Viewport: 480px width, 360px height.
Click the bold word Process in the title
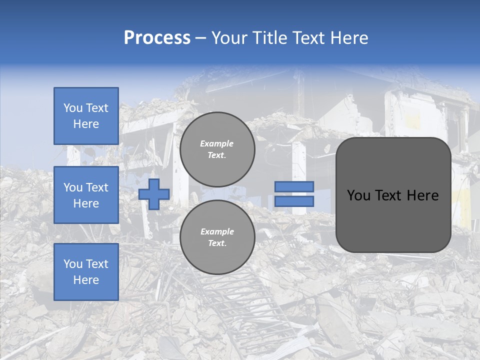click(x=157, y=38)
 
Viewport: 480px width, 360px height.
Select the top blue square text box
click(x=86, y=116)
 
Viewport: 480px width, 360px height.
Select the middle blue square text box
click(x=86, y=195)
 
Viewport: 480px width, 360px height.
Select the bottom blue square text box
click(x=86, y=272)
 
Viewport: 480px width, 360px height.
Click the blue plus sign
click(x=154, y=194)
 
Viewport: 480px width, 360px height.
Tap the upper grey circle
click(x=217, y=149)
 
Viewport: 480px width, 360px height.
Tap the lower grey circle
click(x=217, y=237)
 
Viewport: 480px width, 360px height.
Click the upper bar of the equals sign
click(x=294, y=187)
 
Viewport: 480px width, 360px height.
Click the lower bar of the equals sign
click(x=294, y=201)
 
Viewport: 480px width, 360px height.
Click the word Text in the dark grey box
click(x=389, y=195)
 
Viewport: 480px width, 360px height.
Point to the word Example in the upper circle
click(x=217, y=143)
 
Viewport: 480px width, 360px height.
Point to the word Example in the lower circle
click(x=217, y=231)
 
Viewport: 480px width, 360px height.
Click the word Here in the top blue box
click(x=86, y=124)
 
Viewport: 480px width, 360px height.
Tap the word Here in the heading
click(x=348, y=38)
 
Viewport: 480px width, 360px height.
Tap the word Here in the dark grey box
click(x=423, y=195)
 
